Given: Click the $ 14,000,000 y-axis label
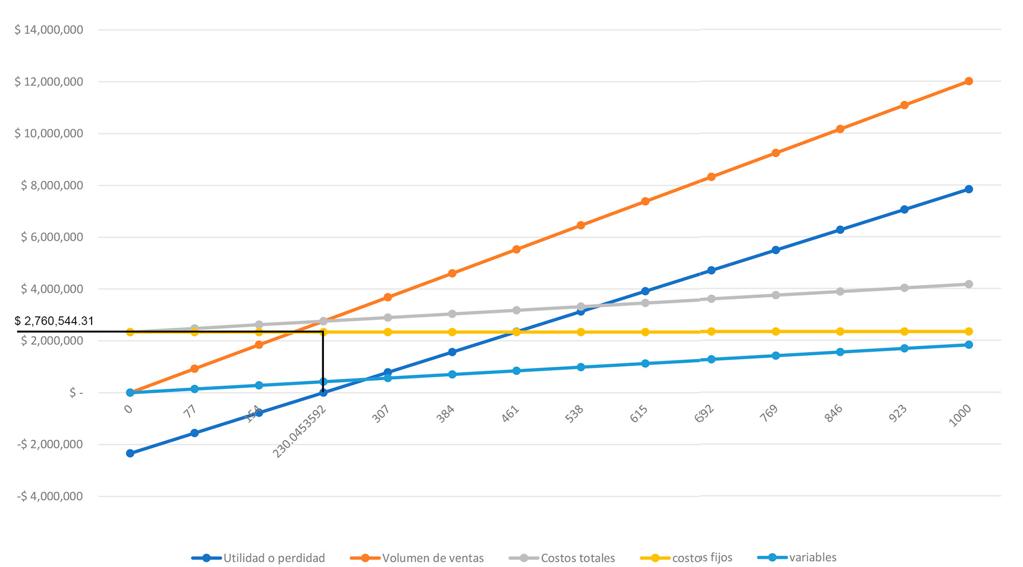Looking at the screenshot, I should pos(48,30).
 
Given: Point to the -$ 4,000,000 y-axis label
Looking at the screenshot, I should pos(50,496).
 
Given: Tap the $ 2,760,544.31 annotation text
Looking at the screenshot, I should pos(54,321).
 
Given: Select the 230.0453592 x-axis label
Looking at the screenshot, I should pos(299,431).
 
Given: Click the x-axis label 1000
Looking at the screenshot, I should pos(960,415).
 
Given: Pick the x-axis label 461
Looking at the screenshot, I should pos(510,414).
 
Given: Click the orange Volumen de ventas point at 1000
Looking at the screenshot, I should pos(969,81).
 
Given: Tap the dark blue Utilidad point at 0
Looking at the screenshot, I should pos(130,453).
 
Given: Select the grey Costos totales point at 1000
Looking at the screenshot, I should pos(969,284).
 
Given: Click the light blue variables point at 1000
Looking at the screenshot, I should pos(969,344).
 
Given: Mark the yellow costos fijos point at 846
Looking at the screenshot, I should pos(840,332).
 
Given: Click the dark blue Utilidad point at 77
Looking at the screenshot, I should pos(194,433).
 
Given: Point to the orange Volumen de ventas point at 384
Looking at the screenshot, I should pos(452,273).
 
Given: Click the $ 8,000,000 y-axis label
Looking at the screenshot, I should pos(52,185).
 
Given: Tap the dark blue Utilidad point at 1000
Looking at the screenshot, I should pos(969,189).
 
